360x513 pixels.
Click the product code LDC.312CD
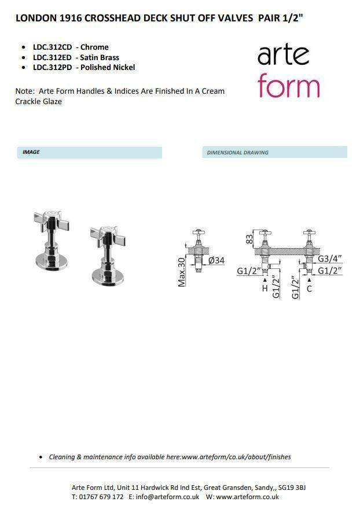pos(52,47)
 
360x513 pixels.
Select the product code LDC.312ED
pos(52,58)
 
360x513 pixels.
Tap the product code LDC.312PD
pos(52,68)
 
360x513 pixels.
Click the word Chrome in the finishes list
pos(94,47)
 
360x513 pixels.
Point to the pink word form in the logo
pos(288,85)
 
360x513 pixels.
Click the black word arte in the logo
pos(284,56)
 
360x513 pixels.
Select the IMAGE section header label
pos(31,152)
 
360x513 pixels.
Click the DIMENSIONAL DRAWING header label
pos(238,153)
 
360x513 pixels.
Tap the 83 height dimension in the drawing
pos(249,239)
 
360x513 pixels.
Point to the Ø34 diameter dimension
pos(216,260)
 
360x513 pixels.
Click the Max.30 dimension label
pos(182,272)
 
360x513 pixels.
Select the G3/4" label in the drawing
pos(330,259)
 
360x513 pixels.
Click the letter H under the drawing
pos(265,288)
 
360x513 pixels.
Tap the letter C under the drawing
pos(309,289)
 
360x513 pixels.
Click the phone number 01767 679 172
pos(101,497)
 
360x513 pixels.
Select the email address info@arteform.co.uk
pos(167,497)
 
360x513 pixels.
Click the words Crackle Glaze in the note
pos(39,101)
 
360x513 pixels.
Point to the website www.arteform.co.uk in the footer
pos(247,497)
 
